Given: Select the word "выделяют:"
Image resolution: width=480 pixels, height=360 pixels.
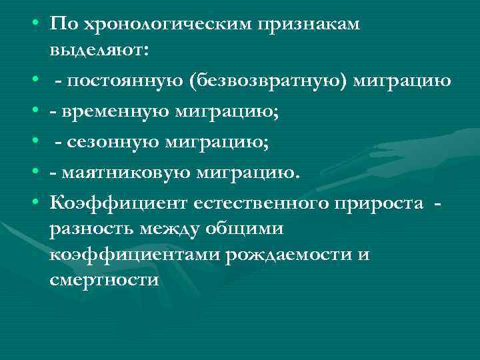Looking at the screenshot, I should point(99,51).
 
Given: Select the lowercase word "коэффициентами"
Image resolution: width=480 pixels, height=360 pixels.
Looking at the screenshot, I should point(135,254).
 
